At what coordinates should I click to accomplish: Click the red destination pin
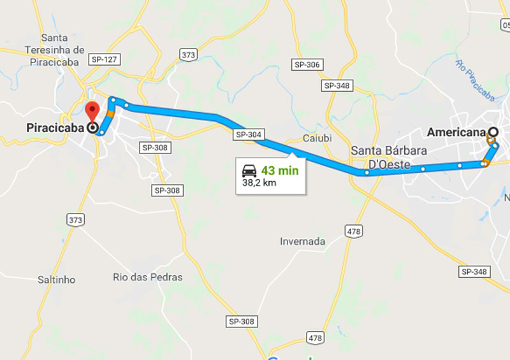pyautogui.click(x=92, y=111)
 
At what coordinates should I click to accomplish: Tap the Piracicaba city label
pyautogui.click(x=55, y=127)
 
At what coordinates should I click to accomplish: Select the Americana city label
pyautogui.click(x=455, y=133)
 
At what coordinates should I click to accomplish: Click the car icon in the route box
pyautogui.click(x=249, y=171)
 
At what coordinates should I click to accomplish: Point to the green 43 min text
pyautogui.click(x=280, y=171)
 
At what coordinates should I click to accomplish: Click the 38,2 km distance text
pyautogui.click(x=260, y=182)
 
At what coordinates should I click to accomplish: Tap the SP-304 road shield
pyautogui.click(x=249, y=134)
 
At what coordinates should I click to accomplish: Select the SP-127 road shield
pyautogui.click(x=105, y=59)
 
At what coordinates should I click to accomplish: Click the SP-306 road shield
pyautogui.click(x=307, y=65)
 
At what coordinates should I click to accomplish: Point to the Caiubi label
pyautogui.click(x=317, y=138)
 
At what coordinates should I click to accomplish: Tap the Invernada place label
pyautogui.click(x=303, y=241)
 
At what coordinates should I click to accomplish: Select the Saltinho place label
pyautogui.click(x=56, y=280)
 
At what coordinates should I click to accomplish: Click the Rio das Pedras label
pyautogui.click(x=147, y=277)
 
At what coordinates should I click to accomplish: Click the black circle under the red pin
pyautogui.click(x=94, y=129)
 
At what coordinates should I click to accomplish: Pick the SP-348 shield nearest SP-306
pyautogui.click(x=338, y=85)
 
